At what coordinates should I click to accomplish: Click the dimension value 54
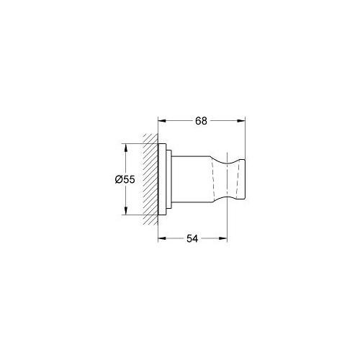(192, 238)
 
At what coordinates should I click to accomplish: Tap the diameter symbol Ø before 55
(119, 180)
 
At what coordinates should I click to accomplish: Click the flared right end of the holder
(240, 180)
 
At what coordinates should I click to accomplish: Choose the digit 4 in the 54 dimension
(196, 238)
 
